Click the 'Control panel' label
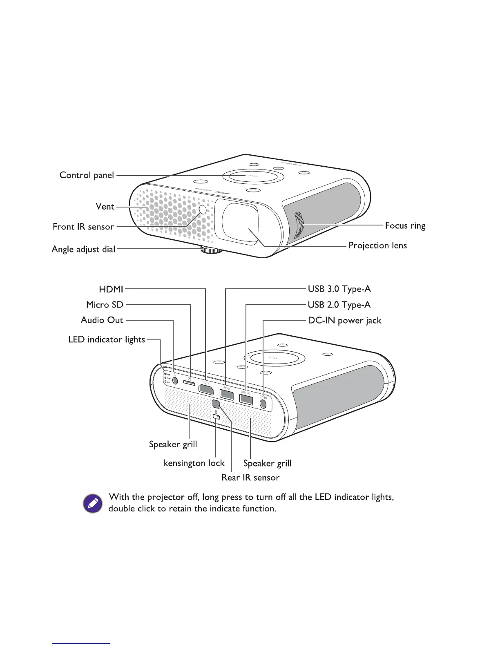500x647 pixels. (x=87, y=175)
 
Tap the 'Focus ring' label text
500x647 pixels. (x=405, y=225)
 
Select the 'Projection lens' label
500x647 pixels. (x=377, y=245)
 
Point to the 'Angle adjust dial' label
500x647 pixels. (x=83, y=249)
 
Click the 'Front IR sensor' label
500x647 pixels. (x=83, y=227)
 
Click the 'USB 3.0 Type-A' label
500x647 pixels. (x=339, y=289)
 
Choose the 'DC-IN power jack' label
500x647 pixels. (x=344, y=321)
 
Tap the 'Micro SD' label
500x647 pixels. (x=105, y=305)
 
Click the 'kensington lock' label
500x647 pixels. (x=194, y=463)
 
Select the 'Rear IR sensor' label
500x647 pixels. (x=250, y=477)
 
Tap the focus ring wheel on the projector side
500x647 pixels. (x=298, y=225)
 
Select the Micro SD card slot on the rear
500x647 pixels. (x=189, y=381)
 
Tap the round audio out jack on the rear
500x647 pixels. (x=175, y=380)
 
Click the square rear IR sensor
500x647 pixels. (x=217, y=404)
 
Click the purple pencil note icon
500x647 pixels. (x=93, y=503)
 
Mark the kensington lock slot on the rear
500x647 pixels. (x=217, y=417)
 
